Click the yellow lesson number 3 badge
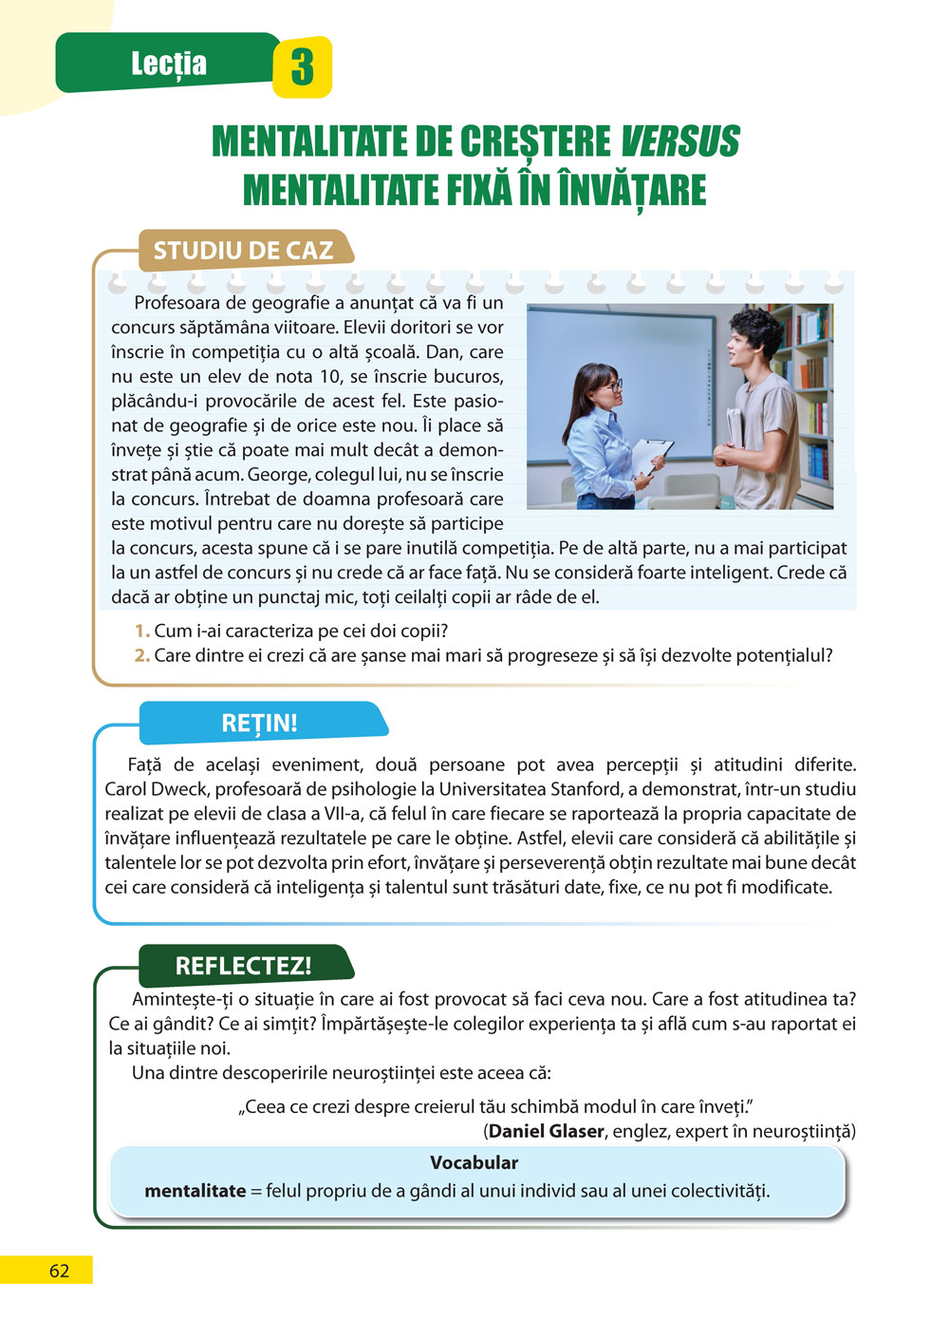coord(302,67)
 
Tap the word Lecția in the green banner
coord(169,64)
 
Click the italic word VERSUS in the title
coord(679,142)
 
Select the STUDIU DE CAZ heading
coord(244,251)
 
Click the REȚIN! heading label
coord(259,723)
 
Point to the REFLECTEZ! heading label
coord(243,966)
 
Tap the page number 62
coord(59,1271)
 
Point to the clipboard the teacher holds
coord(651,455)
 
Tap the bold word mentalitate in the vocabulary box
coord(195,1191)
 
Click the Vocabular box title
coord(474,1162)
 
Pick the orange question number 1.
coord(141,631)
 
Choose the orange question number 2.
coord(141,655)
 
